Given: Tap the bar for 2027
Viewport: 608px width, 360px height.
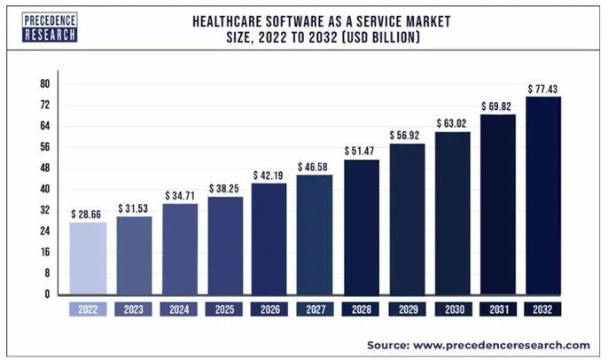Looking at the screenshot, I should (x=315, y=234).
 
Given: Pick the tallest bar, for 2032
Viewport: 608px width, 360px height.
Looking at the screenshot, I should (x=542, y=194).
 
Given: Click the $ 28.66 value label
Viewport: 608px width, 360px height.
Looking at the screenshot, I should (x=88, y=214).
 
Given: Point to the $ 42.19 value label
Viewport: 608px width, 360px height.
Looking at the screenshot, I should (x=269, y=175).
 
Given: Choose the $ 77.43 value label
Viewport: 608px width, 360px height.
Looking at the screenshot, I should (x=542, y=89).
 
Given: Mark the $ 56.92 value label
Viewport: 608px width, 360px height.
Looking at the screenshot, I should (x=406, y=135).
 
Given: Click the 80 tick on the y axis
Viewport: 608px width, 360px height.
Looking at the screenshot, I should (x=43, y=84).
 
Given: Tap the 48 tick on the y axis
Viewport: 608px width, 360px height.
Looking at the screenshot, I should (x=43, y=168).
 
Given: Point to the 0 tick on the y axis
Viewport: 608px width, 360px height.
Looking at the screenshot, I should (x=46, y=294).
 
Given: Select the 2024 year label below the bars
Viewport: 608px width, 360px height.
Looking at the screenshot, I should (x=179, y=310).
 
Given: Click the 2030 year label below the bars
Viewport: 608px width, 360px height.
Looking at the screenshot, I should (x=451, y=310).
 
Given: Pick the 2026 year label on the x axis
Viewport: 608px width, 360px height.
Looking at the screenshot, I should (x=269, y=310).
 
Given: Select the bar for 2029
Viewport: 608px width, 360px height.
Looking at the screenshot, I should (x=406, y=218).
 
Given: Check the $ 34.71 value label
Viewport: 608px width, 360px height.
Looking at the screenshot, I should (x=179, y=195).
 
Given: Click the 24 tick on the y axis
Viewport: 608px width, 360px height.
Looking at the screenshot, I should (x=43, y=231).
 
